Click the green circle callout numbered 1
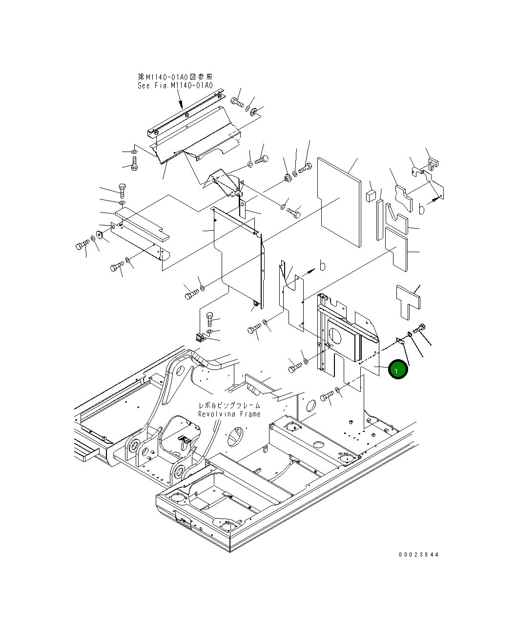click(397, 370)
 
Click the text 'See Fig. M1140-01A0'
click(175, 86)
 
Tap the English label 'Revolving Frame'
click(229, 414)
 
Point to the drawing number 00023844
click(418, 555)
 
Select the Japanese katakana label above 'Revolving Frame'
click(229, 406)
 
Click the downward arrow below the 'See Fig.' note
click(181, 100)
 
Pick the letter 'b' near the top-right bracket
click(422, 209)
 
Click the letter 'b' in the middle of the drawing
click(322, 265)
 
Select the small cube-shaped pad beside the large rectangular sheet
click(371, 196)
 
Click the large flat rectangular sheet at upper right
click(339, 200)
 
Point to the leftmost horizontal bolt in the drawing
click(82, 245)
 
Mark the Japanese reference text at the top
click(175, 77)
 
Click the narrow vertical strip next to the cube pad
click(379, 219)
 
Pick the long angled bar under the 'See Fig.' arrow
click(186, 112)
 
